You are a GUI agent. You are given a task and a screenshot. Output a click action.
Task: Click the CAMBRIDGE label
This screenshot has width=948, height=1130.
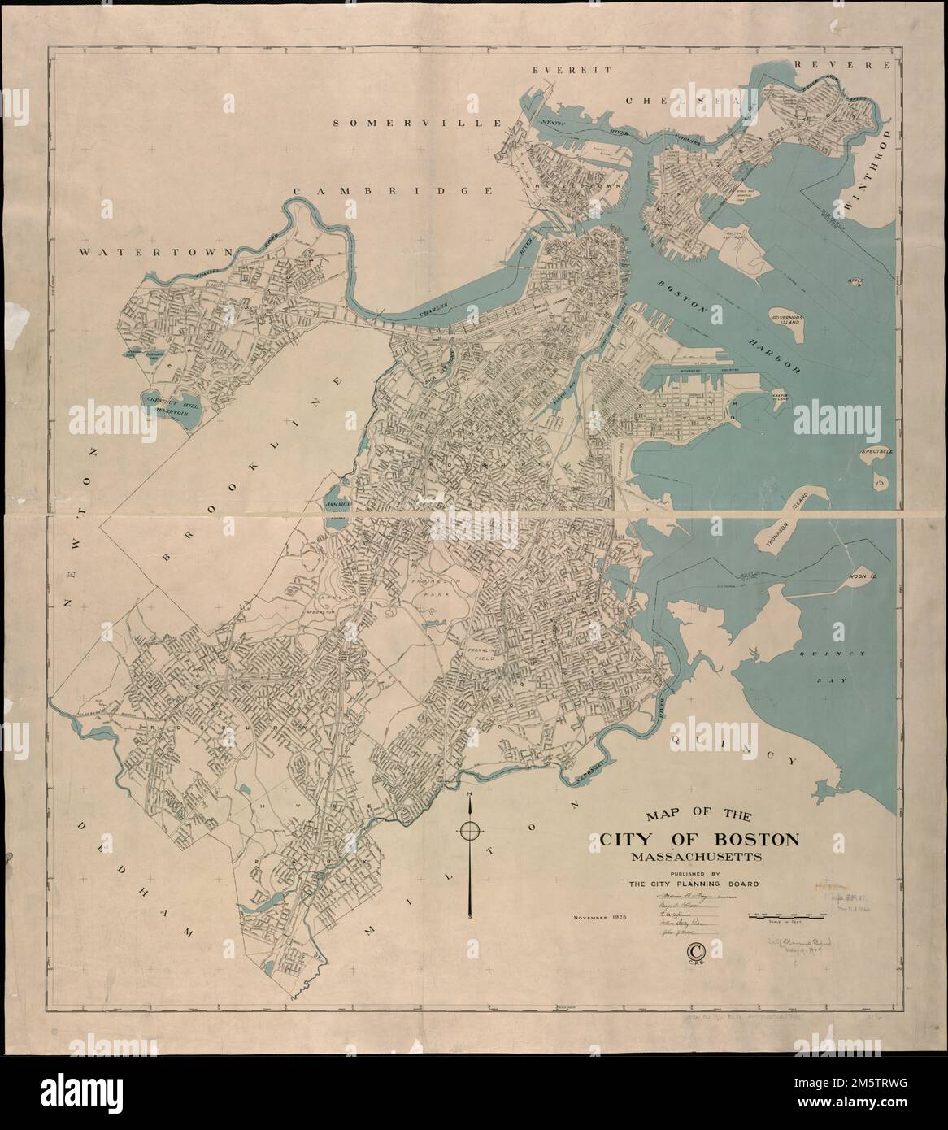point(393,190)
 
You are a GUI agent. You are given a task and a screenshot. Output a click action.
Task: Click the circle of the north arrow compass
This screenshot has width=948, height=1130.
point(470,831)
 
